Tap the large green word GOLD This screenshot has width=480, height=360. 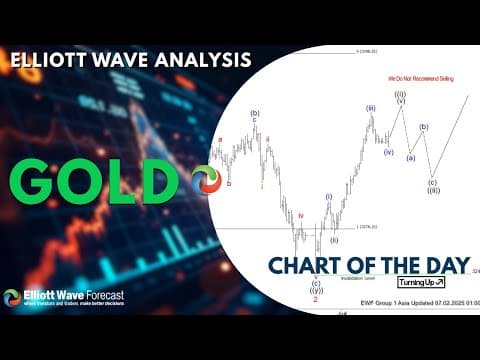(96, 180)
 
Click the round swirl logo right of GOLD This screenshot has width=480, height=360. (205, 180)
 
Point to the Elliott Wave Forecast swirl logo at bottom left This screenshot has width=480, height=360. (12, 298)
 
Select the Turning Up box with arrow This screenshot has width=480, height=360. (420, 283)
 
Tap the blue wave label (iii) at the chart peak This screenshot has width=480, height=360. (370, 107)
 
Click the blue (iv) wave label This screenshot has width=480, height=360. (388, 152)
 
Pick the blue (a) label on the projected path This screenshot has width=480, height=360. (410, 157)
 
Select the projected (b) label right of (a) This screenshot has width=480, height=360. (424, 127)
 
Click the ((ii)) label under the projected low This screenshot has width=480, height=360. (433, 190)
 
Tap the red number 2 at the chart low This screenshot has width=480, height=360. (317, 298)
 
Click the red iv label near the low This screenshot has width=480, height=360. (300, 215)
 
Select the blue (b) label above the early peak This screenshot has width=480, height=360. (255, 113)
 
